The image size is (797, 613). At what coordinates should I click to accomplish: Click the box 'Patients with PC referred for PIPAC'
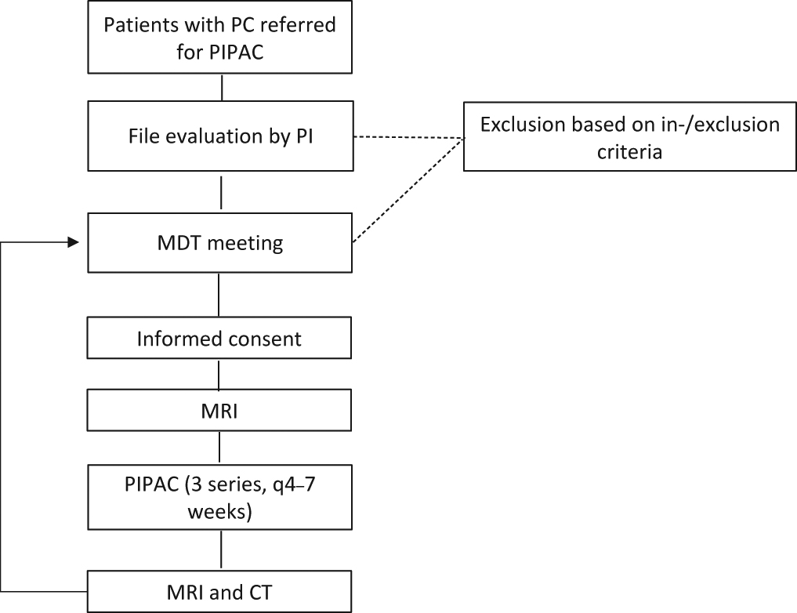tap(219, 38)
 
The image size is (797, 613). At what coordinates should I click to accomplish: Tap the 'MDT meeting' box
tap(219, 243)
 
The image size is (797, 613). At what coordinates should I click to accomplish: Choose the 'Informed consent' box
tap(219, 339)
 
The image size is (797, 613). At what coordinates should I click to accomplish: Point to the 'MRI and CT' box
tap(219, 591)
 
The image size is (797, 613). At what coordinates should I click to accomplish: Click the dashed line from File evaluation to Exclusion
tap(408, 138)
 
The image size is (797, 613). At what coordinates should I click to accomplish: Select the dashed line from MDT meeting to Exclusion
tap(408, 193)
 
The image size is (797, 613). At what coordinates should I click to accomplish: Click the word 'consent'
tap(263, 339)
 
